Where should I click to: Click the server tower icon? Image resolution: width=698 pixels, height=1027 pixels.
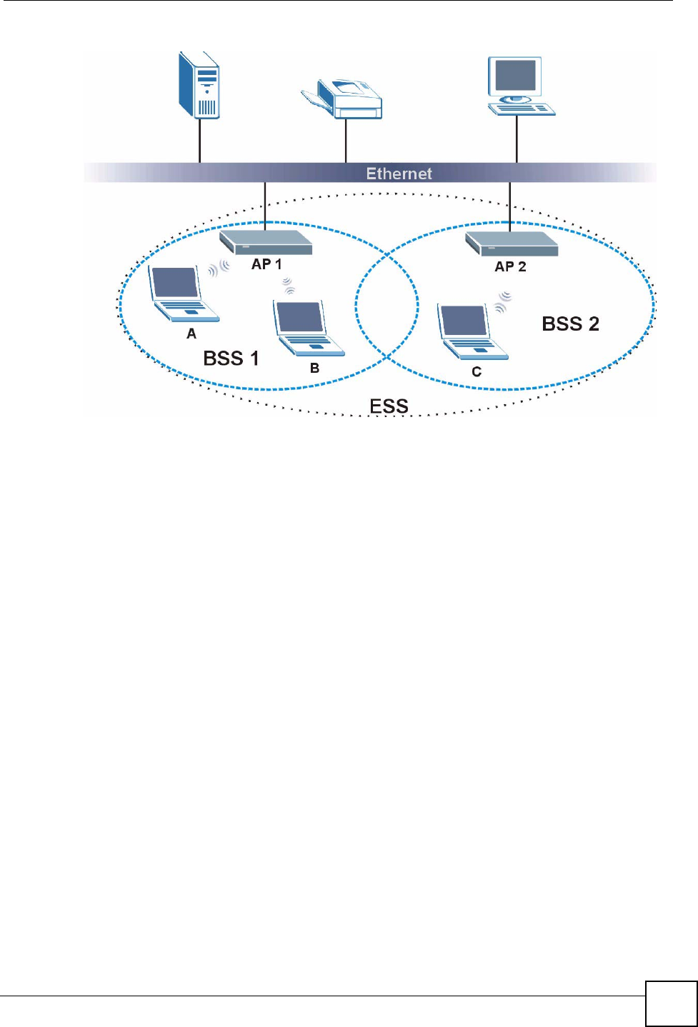[x=199, y=85]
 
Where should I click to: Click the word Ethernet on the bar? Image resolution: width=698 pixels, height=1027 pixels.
[x=399, y=174]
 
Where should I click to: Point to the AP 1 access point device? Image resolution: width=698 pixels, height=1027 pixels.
[x=265, y=242]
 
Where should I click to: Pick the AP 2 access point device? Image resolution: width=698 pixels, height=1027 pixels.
[x=512, y=244]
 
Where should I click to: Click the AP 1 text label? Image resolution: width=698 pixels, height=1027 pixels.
[x=266, y=264]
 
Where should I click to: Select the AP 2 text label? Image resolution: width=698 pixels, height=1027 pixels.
[x=510, y=266]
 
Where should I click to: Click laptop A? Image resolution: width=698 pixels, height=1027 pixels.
[x=182, y=294]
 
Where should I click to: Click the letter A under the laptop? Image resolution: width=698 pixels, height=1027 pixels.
[x=191, y=334]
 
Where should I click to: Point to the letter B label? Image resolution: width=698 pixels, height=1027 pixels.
[x=314, y=369]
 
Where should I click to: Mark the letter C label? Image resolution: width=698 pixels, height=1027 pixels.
[x=477, y=371]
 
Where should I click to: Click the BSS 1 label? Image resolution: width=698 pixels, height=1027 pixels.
[x=231, y=358]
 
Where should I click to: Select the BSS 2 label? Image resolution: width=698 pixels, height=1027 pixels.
[x=570, y=324]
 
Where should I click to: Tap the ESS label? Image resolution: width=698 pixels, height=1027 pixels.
[x=389, y=406]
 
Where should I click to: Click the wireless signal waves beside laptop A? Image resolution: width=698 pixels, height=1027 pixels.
[x=219, y=269]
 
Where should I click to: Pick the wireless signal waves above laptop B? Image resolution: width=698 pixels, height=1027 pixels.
[x=288, y=286]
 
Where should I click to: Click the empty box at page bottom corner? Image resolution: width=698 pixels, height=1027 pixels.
[x=671, y=1003]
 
